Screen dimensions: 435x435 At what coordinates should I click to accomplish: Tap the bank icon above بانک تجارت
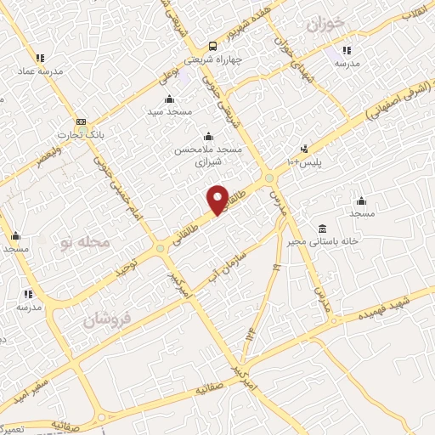(81, 121)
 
